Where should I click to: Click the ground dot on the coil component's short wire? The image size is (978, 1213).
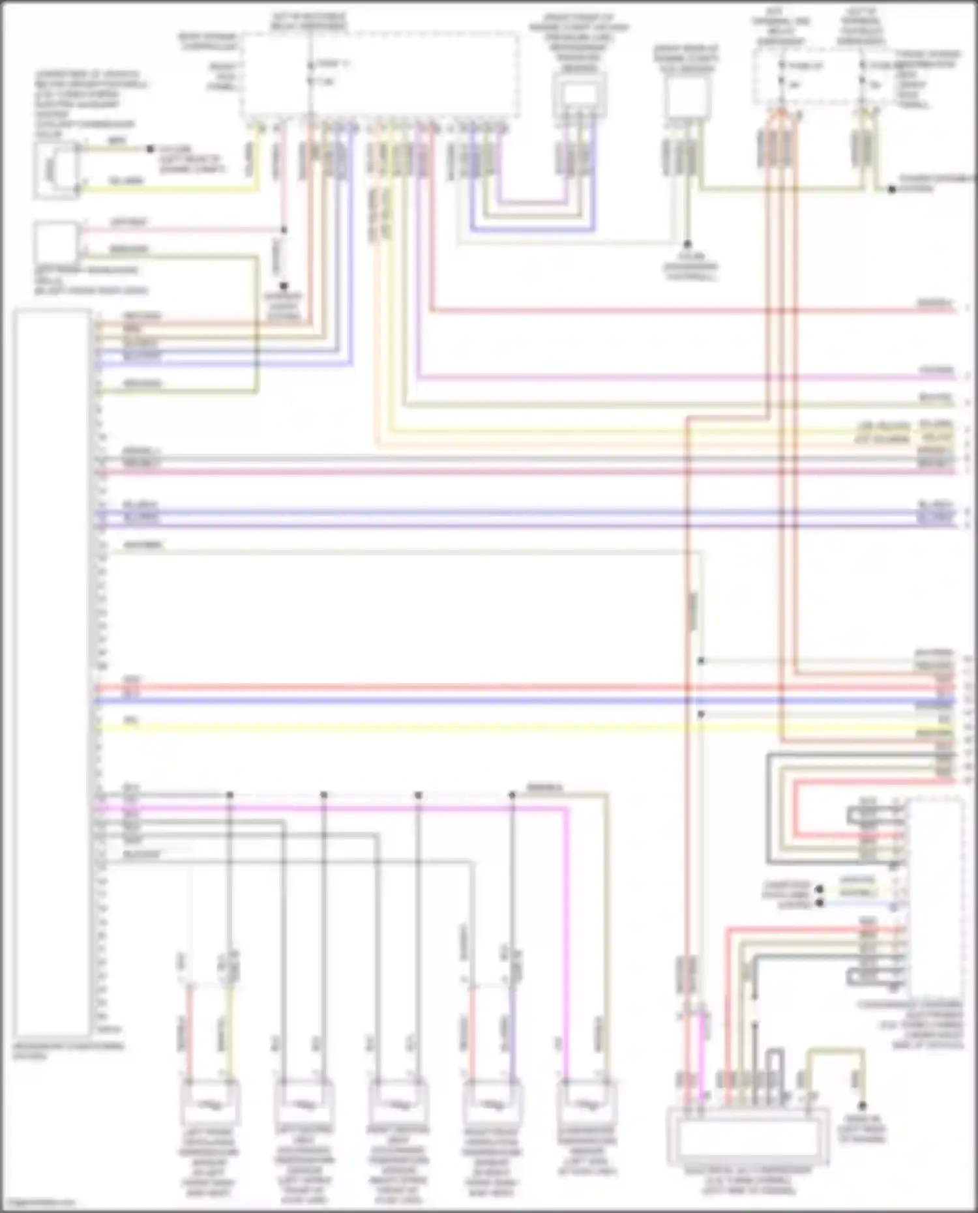[151, 149]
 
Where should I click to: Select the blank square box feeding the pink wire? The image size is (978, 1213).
[56, 242]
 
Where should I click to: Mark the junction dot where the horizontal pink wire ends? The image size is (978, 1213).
[284, 230]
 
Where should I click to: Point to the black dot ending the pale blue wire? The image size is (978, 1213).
[820, 903]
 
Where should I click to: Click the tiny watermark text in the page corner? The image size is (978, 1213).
[38, 1203]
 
